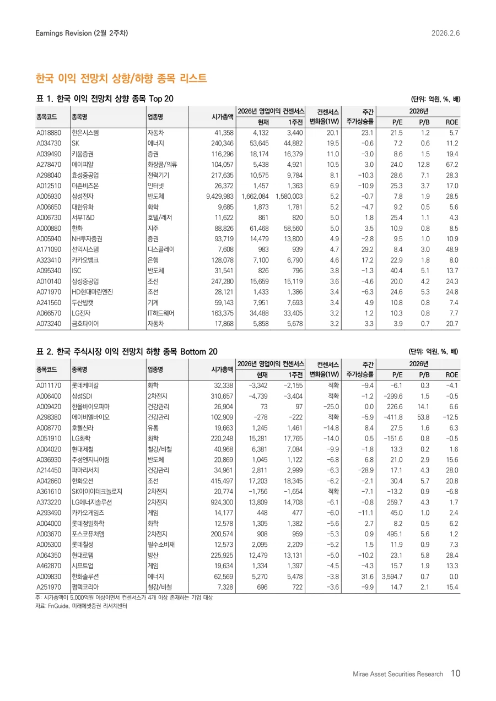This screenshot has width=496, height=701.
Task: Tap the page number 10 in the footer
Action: tap(455, 673)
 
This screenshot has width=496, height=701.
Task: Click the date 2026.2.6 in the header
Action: tap(445, 33)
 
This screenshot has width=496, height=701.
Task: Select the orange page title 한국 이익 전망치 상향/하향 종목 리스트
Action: tap(121, 78)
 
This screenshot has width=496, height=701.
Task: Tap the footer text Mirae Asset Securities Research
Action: tap(398, 674)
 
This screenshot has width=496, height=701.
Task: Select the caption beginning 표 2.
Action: tap(127, 351)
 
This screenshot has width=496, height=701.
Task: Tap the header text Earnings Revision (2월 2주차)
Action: tap(82, 33)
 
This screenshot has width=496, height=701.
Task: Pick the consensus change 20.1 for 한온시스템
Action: tap(332, 133)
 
